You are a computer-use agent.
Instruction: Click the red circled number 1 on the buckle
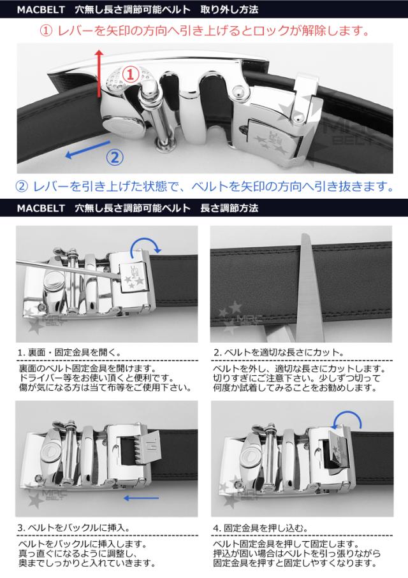(x=129, y=75)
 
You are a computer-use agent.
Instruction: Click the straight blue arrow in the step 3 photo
(x=142, y=498)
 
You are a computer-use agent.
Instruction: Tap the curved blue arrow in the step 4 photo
(x=348, y=421)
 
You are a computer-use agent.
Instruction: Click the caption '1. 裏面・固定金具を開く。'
(x=68, y=352)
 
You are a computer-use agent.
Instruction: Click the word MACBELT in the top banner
(x=40, y=9)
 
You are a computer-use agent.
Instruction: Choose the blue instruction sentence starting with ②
(x=203, y=186)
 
